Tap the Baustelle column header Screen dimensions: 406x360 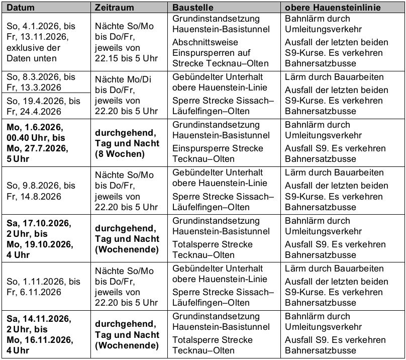click(193, 8)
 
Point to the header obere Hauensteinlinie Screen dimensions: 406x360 click(333, 8)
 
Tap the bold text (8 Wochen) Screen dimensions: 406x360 click(120, 154)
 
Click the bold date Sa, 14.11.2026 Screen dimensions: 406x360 click(39, 319)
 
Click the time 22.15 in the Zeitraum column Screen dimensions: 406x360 click(108, 58)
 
